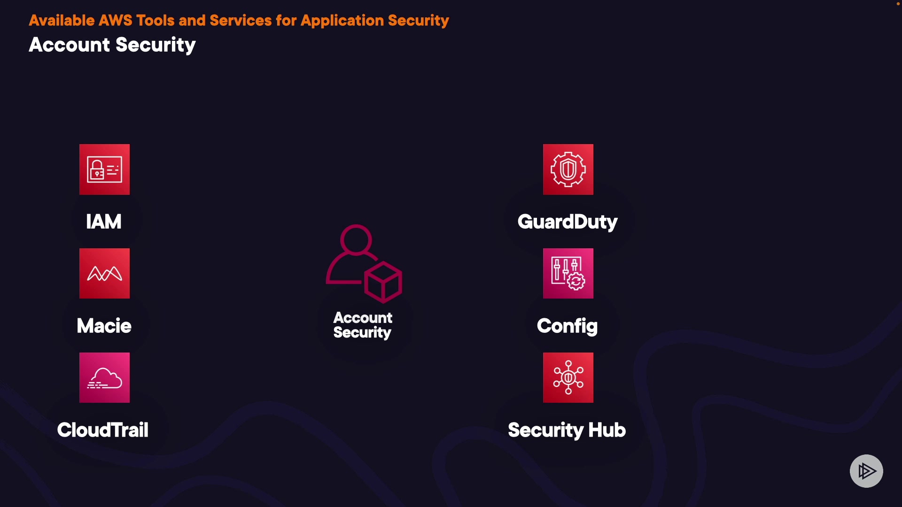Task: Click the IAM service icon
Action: tap(104, 169)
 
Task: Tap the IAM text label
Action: tap(104, 222)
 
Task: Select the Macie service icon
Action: tap(104, 273)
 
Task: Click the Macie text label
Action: tap(104, 326)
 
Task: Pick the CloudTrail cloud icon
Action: tap(104, 377)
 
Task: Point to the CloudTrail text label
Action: tap(102, 430)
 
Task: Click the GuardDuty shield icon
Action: tap(568, 169)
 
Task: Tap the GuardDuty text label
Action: tap(567, 222)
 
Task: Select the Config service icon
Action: tap(568, 273)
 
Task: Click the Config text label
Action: tap(567, 326)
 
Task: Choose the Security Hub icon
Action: tap(568, 377)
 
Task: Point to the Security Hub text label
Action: tap(567, 430)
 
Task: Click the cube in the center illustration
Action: tap(383, 282)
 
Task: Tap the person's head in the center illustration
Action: tap(356, 239)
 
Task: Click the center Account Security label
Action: tap(363, 325)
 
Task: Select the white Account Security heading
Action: tap(112, 45)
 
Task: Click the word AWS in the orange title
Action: tap(115, 21)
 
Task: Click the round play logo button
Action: tap(866, 471)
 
